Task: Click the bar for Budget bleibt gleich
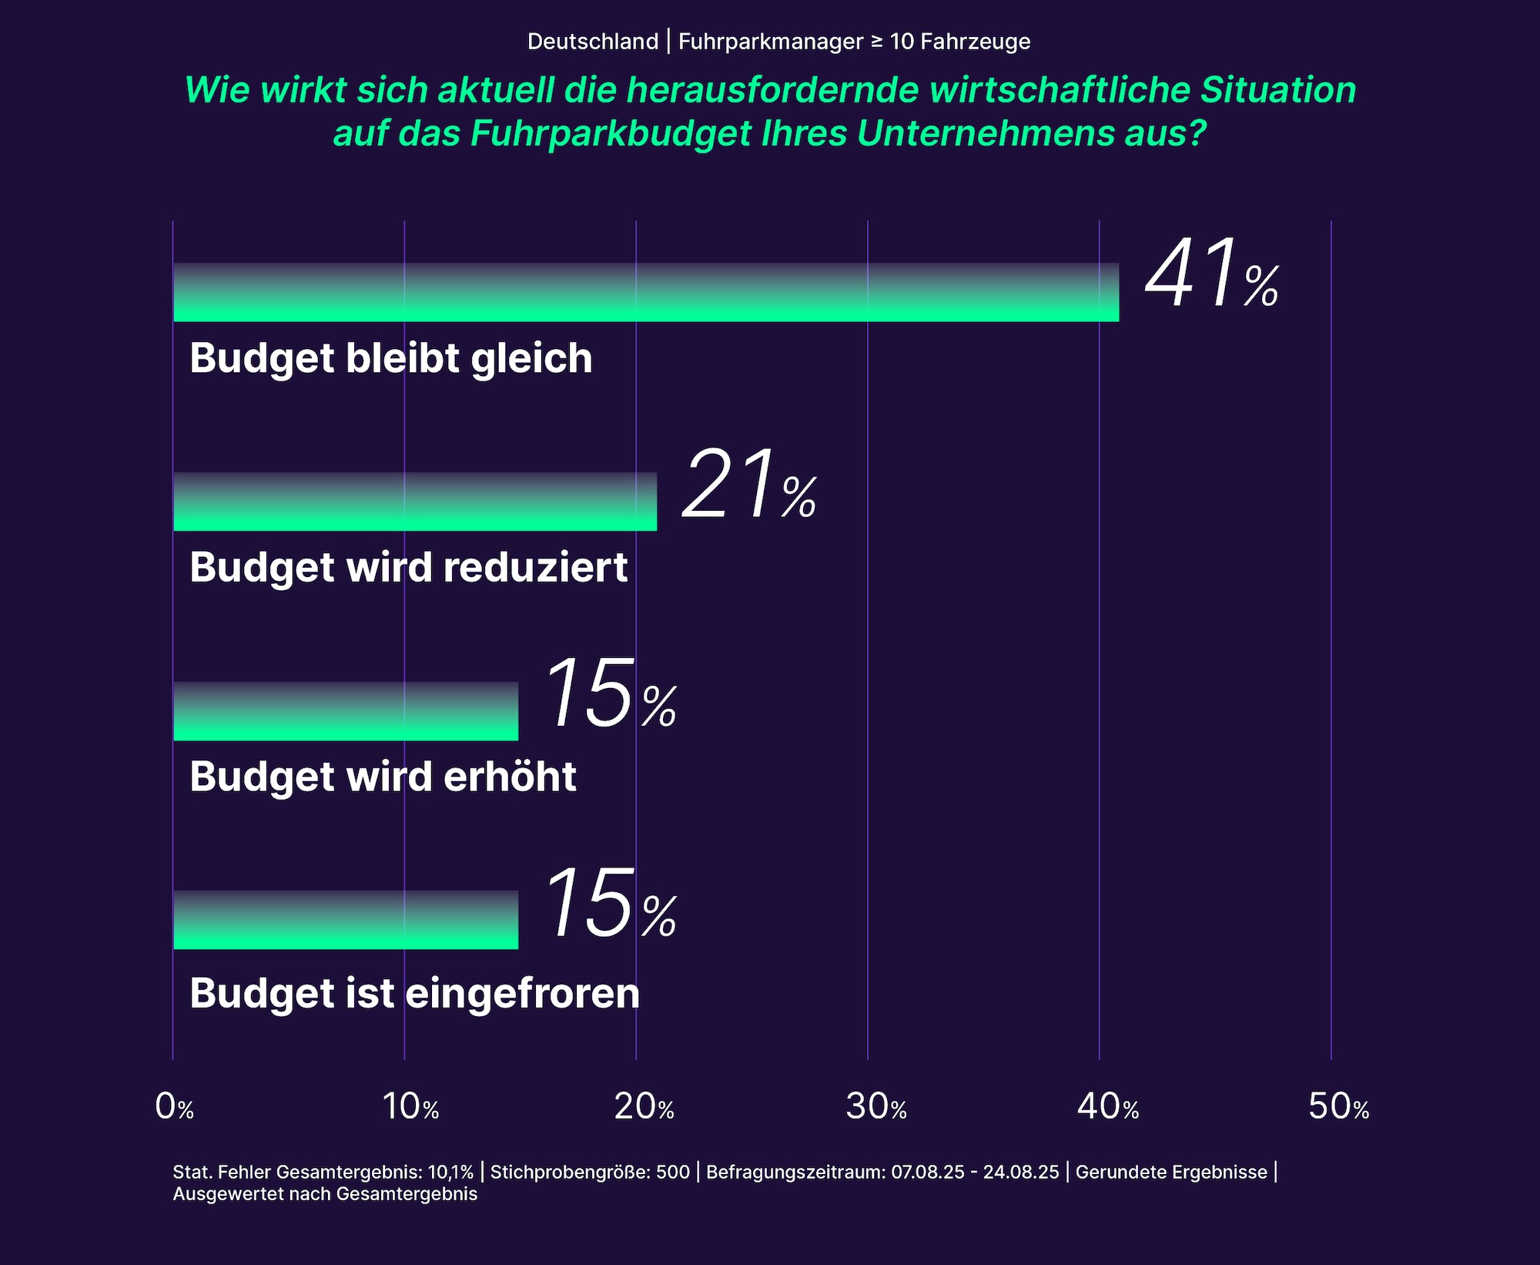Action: point(645,293)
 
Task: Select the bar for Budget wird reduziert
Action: point(415,502)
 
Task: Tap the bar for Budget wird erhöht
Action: point(346,711)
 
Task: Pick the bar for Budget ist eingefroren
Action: point(346,920)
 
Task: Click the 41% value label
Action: point(1211,275)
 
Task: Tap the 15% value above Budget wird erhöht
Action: point(610,695)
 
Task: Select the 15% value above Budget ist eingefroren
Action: point(610,904)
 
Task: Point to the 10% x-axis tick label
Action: point(410,1107)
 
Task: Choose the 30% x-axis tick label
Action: point(876,1107)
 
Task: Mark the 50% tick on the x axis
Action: point(1339,1107)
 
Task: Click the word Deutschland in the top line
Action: point(593,42)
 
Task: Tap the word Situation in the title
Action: point(1278,90)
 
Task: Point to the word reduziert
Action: point(536,568)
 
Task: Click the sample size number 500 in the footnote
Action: point(673,1172)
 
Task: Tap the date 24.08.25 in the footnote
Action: point(1021,1172)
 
